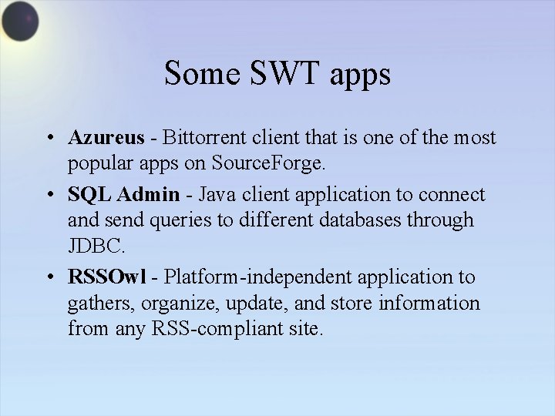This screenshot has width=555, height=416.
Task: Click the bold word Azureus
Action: (x=106, y=138)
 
